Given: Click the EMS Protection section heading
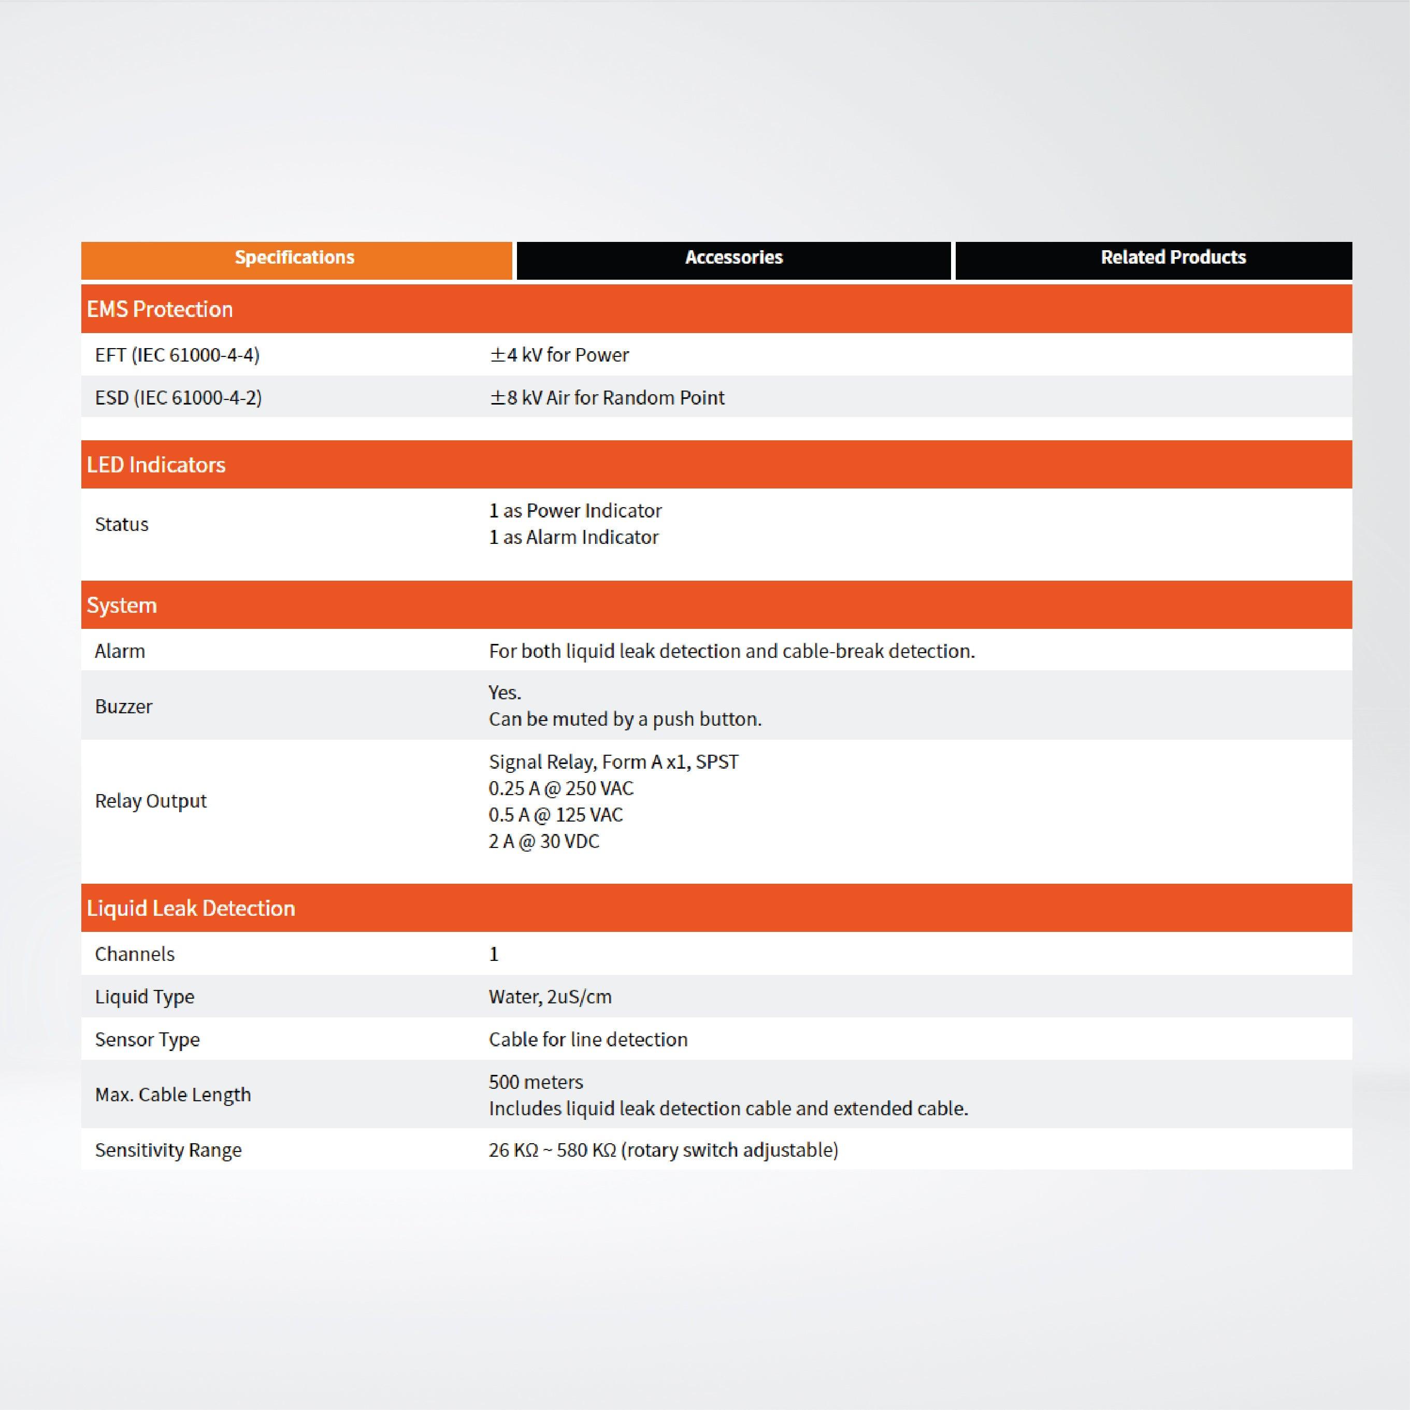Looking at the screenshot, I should [160, 309].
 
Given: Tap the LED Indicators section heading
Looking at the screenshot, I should [156, 465].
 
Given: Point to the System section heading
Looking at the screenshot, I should [122, 606].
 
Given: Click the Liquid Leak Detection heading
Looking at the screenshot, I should [191, 909].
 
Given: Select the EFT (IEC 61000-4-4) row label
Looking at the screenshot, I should [177, 355].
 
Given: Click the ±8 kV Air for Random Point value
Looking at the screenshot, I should [607, 398].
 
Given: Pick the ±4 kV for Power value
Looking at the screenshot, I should [559, 355].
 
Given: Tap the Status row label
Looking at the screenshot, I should [122, 525].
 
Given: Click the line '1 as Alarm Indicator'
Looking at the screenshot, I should [573, 538].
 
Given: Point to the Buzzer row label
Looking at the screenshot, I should [124, 707].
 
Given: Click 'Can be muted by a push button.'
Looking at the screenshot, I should [625, 720].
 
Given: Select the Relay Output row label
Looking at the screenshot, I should [151, 801].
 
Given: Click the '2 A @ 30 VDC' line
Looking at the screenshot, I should [544, 841].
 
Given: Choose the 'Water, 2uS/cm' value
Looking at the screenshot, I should [550, 997].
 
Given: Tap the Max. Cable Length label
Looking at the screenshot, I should [173, 1095].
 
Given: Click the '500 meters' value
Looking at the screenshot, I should [536, 1082].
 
